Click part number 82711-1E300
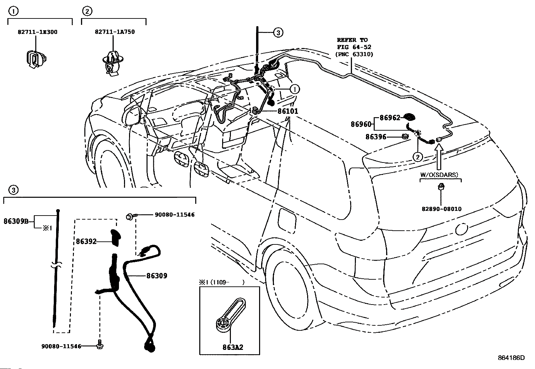point(38,32)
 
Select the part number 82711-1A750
point(115,32)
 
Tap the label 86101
point(288,111)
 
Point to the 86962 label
point(390,118)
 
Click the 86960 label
point(361,124)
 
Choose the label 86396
point(376,137)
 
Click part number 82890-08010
point(441,209)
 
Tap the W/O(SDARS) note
point(439,175)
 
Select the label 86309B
point(16,221)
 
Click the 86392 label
point(86,241)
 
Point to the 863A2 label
point(233,347)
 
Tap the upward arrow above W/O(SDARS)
point(439,157)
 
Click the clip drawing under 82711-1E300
point(36,59)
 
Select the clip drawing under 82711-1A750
point(113,63)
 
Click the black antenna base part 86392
point(116,238)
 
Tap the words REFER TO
point(352,40)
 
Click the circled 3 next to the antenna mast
point(278,32)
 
